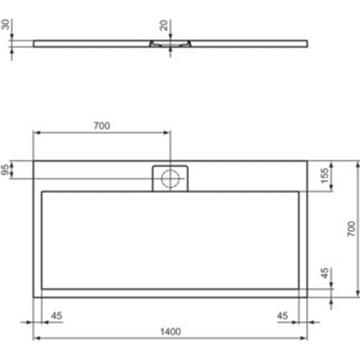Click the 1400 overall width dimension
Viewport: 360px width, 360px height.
171,331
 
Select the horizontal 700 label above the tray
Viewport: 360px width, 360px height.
102,126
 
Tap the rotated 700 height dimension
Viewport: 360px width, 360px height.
351,229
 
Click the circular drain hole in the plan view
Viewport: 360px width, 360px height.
171,179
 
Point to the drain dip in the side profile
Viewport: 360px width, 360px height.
171,43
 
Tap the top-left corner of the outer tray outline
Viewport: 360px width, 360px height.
33,160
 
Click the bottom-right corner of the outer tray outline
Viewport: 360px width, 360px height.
307,296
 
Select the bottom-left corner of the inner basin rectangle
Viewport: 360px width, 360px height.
43,288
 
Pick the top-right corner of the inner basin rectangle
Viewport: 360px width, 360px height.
298,192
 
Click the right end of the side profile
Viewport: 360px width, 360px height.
307,42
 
